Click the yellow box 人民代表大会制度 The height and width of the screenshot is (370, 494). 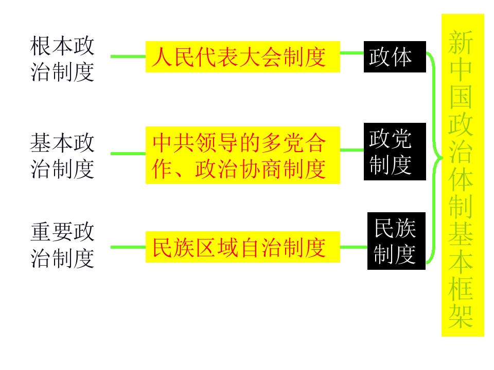click(242, 57)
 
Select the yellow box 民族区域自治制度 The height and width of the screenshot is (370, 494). click(242, 247)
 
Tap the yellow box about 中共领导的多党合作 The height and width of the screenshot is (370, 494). click(242, 155)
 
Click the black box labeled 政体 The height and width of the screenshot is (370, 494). click(395, 57)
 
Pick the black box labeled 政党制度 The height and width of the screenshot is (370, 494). click(395, 152)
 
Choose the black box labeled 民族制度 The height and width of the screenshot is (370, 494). click(396, 241)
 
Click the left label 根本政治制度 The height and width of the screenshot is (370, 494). click(62, 59)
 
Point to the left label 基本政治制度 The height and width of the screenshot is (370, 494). click(62, 155)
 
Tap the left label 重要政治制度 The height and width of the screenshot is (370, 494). click(62, 245)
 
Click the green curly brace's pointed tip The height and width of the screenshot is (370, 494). click(442, 158)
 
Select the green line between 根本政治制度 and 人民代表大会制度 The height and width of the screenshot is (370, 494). click(128, 57)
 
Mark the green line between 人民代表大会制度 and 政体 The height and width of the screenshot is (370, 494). click(352, 53)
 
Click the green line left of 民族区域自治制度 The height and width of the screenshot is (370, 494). click(128, 247)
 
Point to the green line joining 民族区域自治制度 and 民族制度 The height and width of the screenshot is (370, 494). click(354, 247)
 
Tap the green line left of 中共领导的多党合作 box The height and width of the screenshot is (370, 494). click(128, 154)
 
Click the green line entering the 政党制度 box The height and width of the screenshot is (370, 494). click(352, 150)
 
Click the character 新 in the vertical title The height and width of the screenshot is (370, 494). click(461, 43)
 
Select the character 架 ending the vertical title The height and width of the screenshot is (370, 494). click(461, 316)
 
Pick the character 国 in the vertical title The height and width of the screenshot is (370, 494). click(461, 97)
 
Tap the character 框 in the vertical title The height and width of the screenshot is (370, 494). click(461, 289)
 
